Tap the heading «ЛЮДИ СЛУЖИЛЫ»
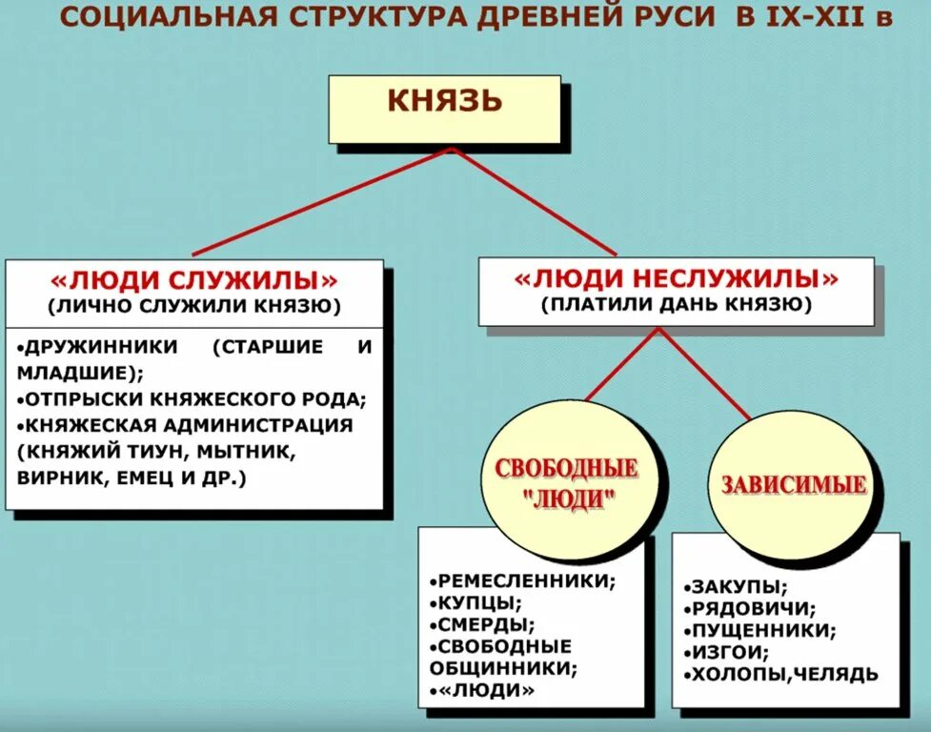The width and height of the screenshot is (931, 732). pyautogui.click(x=193, y=282)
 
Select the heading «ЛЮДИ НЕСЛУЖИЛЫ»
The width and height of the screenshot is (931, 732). pyautogui.click(x=677, y=279)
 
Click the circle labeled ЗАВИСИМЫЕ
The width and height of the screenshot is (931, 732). pyautogui.click(x=794, y=483)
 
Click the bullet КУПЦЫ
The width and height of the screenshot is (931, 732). pyautogui.click(x=476, y=602)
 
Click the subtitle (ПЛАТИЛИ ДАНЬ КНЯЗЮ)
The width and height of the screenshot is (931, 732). pyautogui.click(x=677, y=305)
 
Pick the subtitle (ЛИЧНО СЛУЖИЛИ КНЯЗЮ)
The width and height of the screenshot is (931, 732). pyautogui.click(x=193, y=307)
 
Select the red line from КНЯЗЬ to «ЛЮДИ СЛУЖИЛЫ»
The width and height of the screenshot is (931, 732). pyautogui.click(x=320, y=204)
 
